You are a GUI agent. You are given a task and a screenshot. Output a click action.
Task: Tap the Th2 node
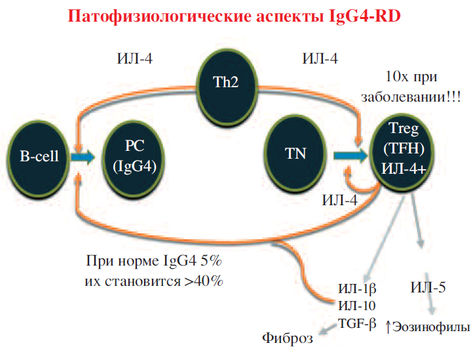click(226, 85)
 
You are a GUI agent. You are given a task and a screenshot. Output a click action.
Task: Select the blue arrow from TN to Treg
click(350, 155)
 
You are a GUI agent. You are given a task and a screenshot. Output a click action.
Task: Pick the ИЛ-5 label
click(428, 288)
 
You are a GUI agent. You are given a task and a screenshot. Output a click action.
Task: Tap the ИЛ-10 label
click(356, 305)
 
